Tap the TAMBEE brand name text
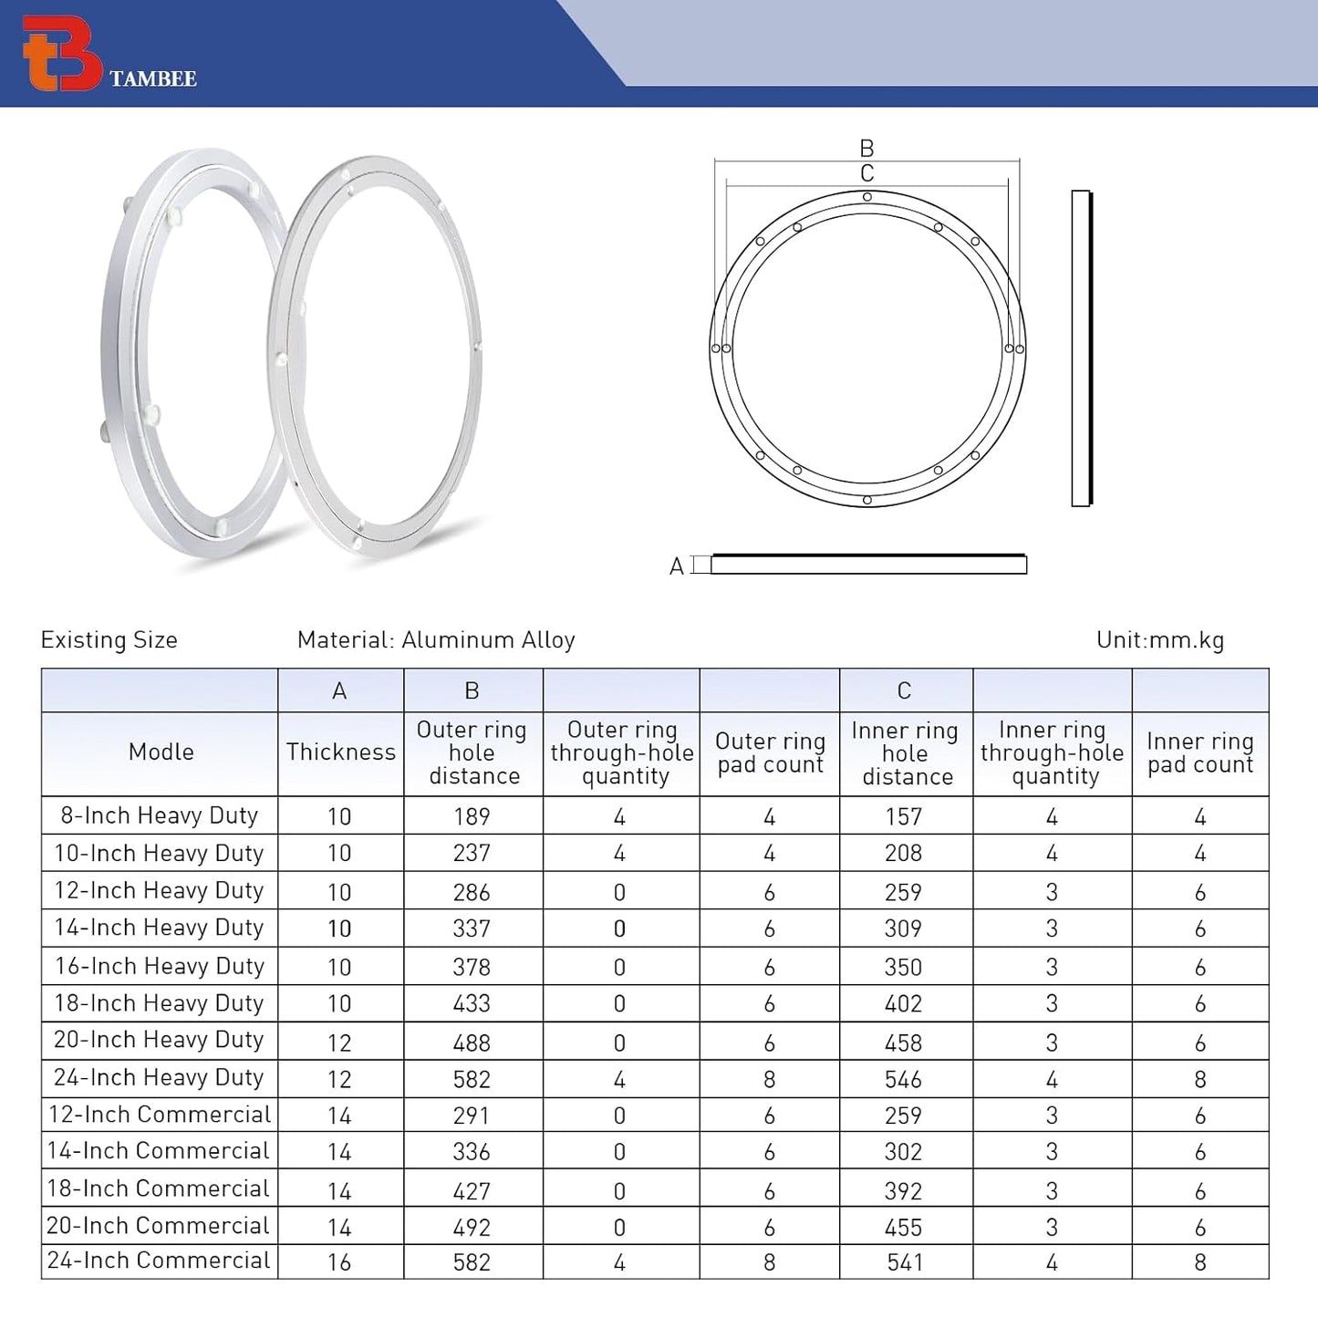[153, 79]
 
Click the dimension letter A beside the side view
[676, 566]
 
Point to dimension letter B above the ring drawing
[867, 148]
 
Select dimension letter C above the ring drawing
[867, 173]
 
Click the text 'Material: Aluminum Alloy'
[436, 640]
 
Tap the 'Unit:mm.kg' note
[1160, 640]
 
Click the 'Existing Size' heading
[109, 640]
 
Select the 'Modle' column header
[161, 752]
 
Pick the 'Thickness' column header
[340, 752]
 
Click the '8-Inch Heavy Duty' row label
[159, 815]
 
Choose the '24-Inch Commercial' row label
[159, 1261]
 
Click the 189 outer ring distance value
[472, 816]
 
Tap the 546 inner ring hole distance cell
[903, 1080]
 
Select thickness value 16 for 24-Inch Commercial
[339, 1262]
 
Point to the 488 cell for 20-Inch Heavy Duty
[472, 1043]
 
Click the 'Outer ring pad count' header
[769, 753]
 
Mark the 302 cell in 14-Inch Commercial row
[903, 1152]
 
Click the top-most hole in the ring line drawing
[867, 197]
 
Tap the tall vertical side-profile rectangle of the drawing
[1082, 348]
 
